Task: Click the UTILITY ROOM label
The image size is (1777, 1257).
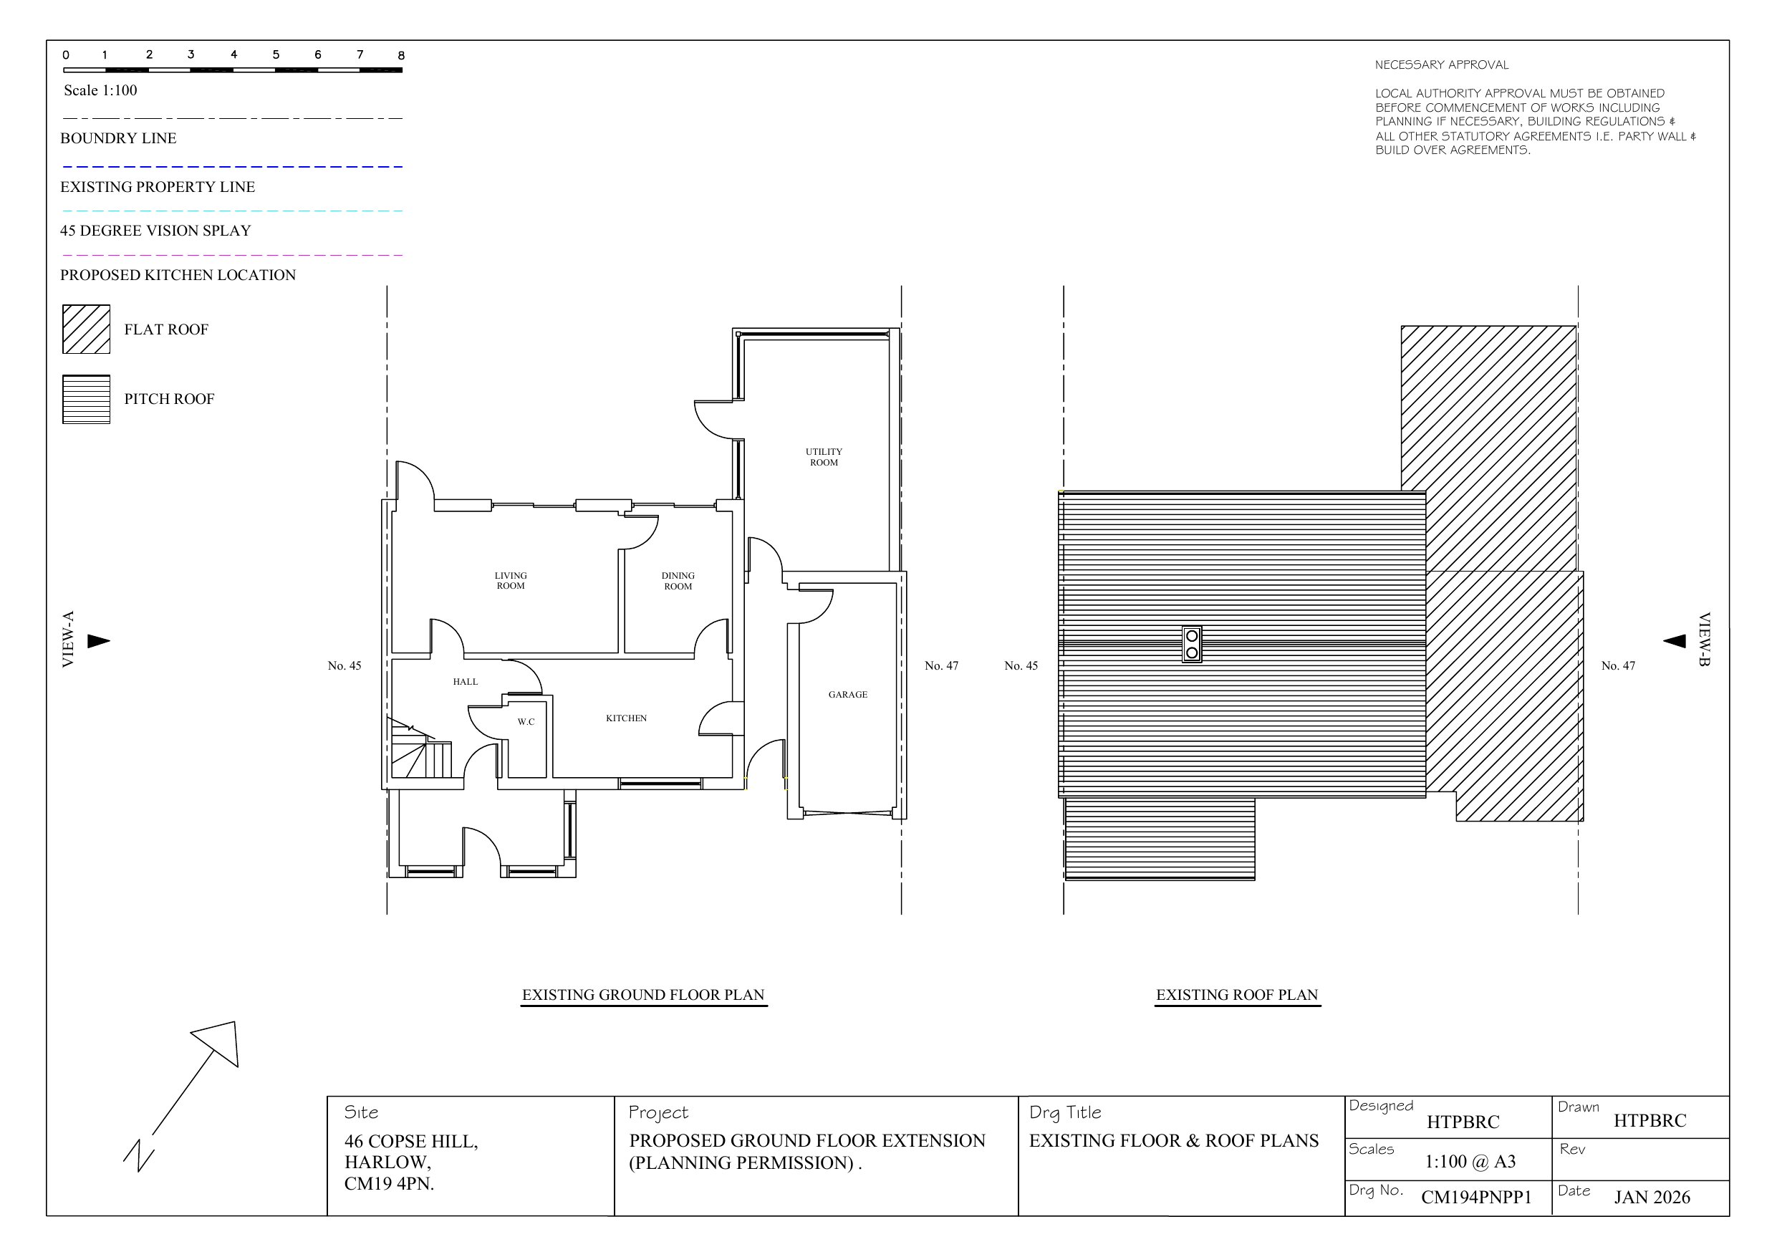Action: (x=824, y=457)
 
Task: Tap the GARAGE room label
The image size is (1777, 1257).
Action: (x=847, y=694)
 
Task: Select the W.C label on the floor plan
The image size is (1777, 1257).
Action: (x=526, y=721)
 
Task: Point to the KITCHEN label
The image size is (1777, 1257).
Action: (x=626, y=718)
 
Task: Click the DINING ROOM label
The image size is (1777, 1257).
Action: (x=678, y=580)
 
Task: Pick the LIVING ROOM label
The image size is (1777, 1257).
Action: (x=511, y=580)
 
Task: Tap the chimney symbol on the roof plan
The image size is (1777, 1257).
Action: (x=1192, y=644)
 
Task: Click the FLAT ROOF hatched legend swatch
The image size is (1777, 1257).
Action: (x=86, y=329)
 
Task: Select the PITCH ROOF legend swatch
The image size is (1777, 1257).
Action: (x=86, y=400)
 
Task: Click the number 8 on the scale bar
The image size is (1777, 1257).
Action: (x=401, y=56)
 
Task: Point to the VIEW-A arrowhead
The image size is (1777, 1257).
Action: (x=98, y=641)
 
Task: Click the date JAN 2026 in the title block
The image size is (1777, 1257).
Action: (x=1652, y=1198)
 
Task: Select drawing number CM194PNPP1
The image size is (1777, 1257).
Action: (x=1476, y=1198)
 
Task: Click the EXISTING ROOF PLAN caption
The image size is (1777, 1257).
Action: (x=1237, y=995)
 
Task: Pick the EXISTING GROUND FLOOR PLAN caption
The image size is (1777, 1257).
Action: (x=643, y=995)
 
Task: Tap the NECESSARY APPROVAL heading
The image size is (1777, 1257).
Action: (x=1442, y=65)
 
